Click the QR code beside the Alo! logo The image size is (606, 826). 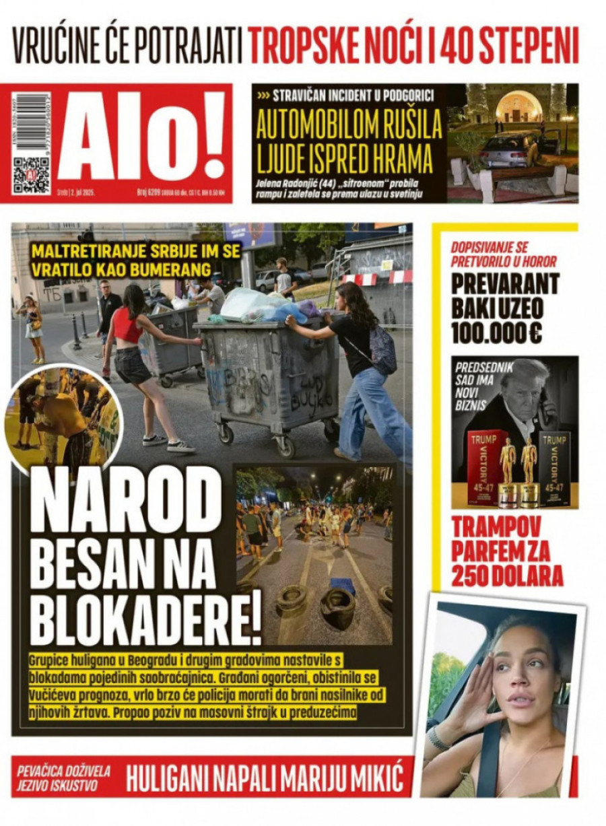(31, 174)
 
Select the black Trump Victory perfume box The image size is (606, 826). (555, 467)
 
